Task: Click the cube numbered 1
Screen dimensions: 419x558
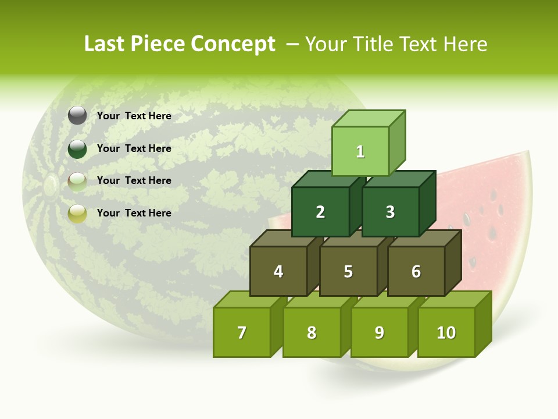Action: [x=360, y=151]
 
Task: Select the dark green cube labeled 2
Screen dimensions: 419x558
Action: [x=320, y=212]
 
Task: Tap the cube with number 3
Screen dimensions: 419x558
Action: [x=390, y=212]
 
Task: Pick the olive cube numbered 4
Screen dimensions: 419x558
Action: [x=278, y=271]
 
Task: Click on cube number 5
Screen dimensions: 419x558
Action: [x=348, y=271]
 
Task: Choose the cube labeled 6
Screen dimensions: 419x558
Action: [x=416, y=271]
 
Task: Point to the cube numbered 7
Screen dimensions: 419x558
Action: [x=242, y=332]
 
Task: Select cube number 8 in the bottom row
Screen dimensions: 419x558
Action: [x=311, y=332]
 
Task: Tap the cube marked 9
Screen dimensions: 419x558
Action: [x=379, y=332]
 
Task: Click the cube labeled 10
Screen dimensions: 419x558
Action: [x=446, y=332]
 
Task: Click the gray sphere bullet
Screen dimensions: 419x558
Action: [x=77, y=116]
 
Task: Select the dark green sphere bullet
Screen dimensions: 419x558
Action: [x=77, y=148]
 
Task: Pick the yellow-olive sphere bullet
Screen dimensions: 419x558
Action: [x=77, y=214]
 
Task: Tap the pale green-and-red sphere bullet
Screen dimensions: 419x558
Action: [x=77, y=181]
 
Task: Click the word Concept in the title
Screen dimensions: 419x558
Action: [x=233, y=44]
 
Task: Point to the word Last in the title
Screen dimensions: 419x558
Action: [x=105, y=44]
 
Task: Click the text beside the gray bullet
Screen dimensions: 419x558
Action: [x=134, y=116]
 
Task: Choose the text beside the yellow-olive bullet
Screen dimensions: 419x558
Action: [x=134, y=213]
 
